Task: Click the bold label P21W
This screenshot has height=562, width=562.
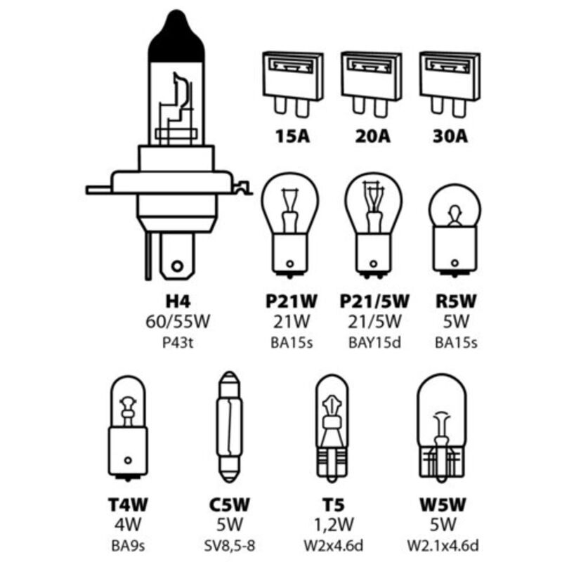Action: pyautogui.click(x=292, y=301)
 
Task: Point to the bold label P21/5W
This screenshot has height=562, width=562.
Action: pyautogui.click(x=374, y=301)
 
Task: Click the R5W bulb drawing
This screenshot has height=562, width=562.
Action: pyautogui.click(x=455, y=230)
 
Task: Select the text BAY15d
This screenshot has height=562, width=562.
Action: pyautogui.click(x=374, y=343)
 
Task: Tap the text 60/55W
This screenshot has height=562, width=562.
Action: pyautogui.click(x=178, y=322)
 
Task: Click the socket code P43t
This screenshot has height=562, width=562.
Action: pyautogui.click(x=178, y=343)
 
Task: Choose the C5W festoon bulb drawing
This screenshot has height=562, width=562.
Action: pyautogui.click(x=230, y=427)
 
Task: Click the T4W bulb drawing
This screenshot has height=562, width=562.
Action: pyautogui.click(x=128, y=428)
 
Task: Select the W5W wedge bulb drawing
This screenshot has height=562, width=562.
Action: pyautogui.click(x=443, y=426)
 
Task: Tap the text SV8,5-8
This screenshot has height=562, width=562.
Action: pyautogui.click(x=230, y=546)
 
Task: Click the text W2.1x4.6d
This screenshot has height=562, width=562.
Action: pyautogui.click(x=443, y=546)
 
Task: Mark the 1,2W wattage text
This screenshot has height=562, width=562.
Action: pyautogui.click(x=334, y=525)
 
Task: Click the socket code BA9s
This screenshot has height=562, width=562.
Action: pyautogui.click(x=128, y=547)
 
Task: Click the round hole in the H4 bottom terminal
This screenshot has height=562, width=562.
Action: pyautogui.click(x=177, y=266)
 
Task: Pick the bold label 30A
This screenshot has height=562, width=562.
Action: pyautogui.click(x=450, y=136)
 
